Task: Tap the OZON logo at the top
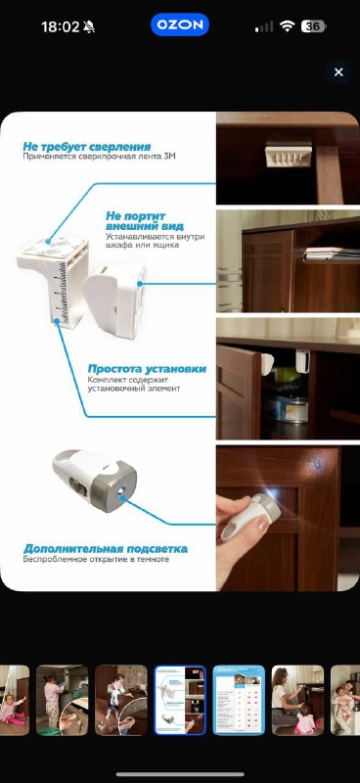[180, 25]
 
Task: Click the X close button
[338, 72]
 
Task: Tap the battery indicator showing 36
[314, 26]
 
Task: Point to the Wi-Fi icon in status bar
[287, 26]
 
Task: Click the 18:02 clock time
[59, 26]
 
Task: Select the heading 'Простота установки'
[147, 368]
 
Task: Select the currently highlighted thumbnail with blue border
[180, 700]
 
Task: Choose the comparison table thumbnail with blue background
[239, 700]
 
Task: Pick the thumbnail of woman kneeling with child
[297, 700]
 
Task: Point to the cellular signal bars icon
[263, 26]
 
